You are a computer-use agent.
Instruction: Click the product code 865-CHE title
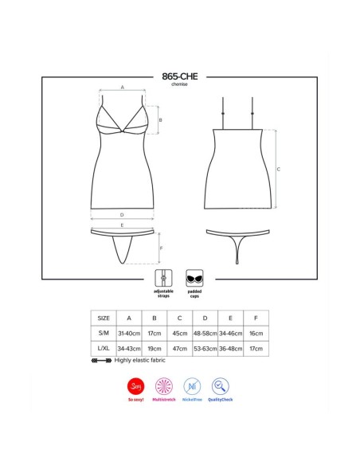pyautogui.click(x=179, y=76)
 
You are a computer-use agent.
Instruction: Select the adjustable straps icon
pyautogui.click(x=163, y=279)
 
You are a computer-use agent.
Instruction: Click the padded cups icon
pyautogui.click(x=194, y=279)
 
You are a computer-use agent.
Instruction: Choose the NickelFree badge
pyautogui.click(x=193, y=388)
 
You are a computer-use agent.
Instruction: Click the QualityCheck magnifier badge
pyautogui.click(x=223, y=388)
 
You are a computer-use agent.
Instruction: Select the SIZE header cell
pyautogui.click(x=104, y=318)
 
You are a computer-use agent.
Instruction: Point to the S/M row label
pyautogui.click(x=104, y=333)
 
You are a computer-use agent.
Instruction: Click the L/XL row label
pyautogui.click(x=104, y=349)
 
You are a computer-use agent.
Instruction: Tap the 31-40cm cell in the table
pyautogui.click(x=128, y=333)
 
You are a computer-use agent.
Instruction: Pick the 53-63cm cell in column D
pyautogui.click(x=205, y=349)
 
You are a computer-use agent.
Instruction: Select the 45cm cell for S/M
pyautogui.click(x=179, y=333)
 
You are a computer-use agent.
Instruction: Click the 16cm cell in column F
pyautogui.click(x=256, y=333)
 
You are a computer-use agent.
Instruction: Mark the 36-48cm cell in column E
pyautogui.click(x=230, y=349)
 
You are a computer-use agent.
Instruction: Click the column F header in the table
pyautogui.click(x=256, y=318)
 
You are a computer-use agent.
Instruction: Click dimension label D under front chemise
pyautogui.click(x=121, y=215)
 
